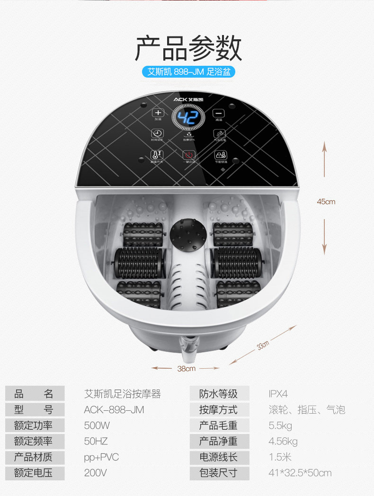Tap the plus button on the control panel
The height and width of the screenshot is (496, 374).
158,114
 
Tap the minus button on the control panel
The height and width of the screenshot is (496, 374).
218,114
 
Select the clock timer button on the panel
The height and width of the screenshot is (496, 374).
157,134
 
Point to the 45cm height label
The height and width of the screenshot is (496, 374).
326,202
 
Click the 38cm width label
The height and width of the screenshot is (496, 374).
187,368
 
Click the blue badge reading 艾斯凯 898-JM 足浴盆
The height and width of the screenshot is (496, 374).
188,72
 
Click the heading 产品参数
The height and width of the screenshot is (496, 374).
188,48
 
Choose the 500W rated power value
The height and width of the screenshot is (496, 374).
97,425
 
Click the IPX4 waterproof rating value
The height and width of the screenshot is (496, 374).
278,394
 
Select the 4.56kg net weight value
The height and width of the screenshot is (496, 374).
283,441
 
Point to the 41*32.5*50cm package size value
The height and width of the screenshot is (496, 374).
300,472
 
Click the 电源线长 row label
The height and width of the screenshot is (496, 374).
218,457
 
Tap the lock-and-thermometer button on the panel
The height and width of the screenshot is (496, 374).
221,155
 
